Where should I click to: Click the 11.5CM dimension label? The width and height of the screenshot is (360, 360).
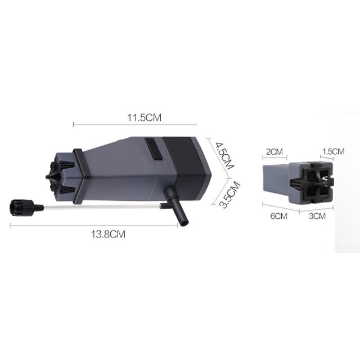pos(144,118)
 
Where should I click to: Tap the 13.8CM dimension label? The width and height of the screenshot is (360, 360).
pos(109,234)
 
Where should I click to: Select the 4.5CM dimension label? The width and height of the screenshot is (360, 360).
pos(224,155)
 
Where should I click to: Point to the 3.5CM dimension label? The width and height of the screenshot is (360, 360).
pos(229,195)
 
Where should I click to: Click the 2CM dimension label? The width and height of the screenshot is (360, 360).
pos(274,152)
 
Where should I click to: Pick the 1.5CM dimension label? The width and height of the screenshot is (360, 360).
pos(334,151)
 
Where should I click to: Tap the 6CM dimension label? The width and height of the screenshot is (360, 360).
pos(279,216)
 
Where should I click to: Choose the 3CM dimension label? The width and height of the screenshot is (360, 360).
pos(317,216)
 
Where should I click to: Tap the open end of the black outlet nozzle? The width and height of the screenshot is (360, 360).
pos(184,223)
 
